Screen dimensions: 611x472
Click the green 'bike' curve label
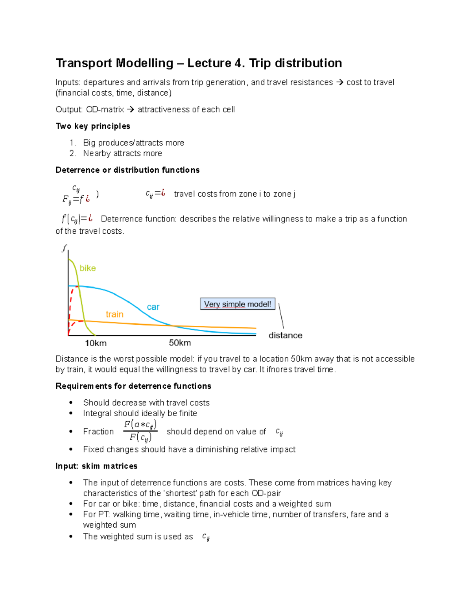[87, 268]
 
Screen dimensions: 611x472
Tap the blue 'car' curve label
[153, 307]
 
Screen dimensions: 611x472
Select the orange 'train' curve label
[114, 314]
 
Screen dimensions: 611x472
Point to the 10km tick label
[96, 343]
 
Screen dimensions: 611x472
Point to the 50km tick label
[180, 343]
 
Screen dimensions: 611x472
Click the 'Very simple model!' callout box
[238, 304]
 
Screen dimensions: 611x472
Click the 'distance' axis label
[285, 336]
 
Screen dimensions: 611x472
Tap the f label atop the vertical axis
[64, 248]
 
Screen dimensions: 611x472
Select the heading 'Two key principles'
[93, 126]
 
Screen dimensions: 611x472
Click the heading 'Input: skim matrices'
[96, 466]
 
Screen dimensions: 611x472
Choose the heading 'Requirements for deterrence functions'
[133, 386]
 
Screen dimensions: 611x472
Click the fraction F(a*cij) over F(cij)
[140, 431]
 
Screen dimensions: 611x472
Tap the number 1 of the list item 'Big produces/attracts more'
[72, 143]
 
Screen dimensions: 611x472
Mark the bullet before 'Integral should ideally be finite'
[71, 413]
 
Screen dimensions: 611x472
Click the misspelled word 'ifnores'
[279, 369]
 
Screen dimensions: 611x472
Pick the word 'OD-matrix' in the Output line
[105, 110]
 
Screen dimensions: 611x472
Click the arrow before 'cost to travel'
[339, 83]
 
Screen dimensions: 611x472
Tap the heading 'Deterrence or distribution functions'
[127, 170]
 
